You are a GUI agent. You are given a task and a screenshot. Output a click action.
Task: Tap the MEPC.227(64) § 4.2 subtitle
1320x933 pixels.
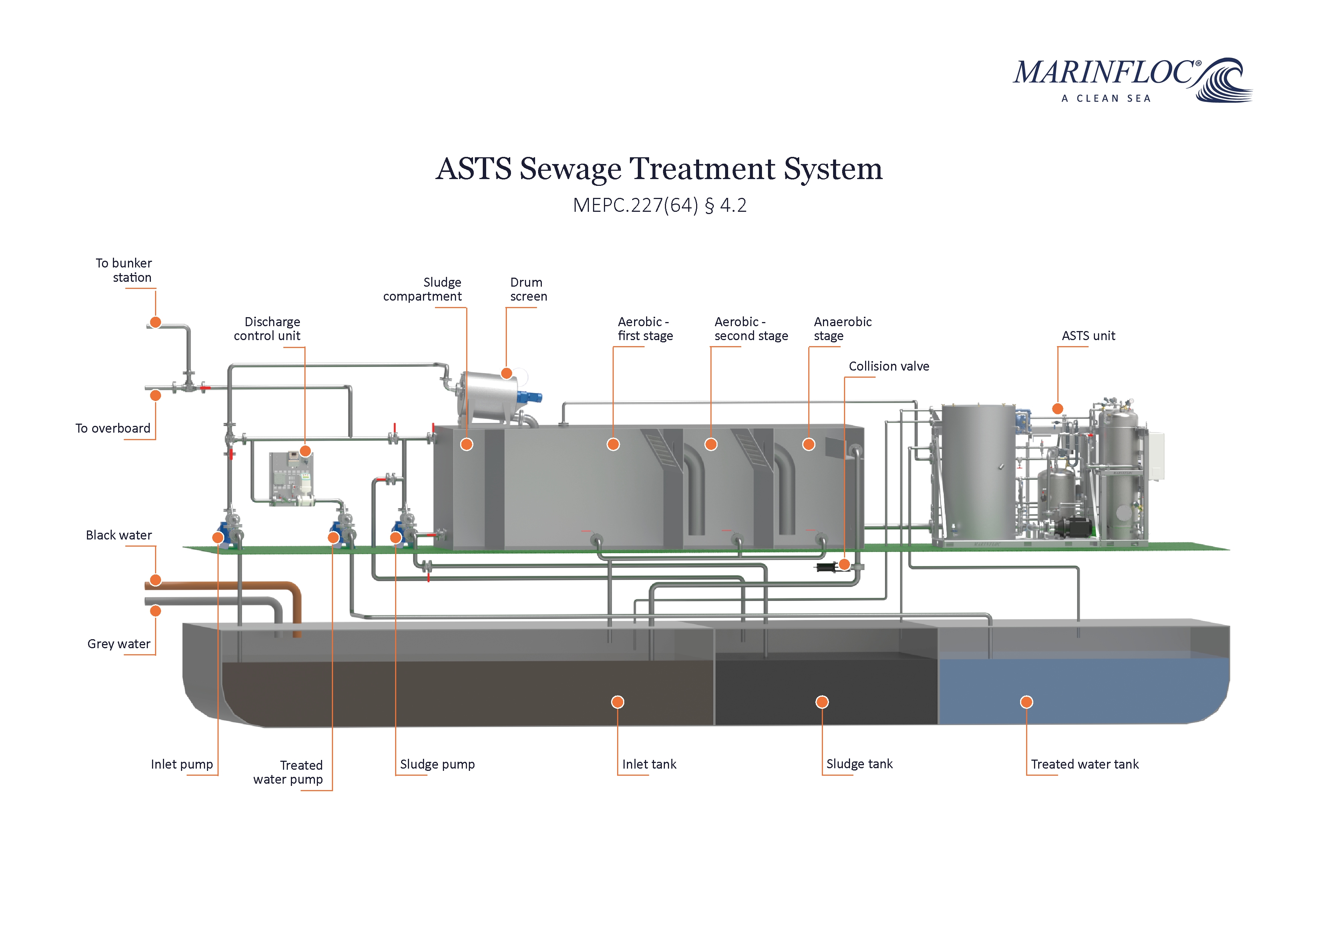pos(659,205)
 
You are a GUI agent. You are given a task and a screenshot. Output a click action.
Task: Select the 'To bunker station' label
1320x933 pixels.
pos(124,270)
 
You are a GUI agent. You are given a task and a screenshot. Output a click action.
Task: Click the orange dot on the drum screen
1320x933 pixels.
pos(506,374)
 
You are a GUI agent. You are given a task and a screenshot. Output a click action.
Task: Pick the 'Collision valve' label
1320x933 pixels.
pos(889,366)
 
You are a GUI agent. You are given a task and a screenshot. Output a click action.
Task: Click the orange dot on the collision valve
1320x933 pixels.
pos(844,565)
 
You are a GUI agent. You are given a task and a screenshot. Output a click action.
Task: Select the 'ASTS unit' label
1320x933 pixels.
pos(1088,336)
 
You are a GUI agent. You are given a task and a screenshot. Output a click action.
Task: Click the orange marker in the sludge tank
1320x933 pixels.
pos(822,702)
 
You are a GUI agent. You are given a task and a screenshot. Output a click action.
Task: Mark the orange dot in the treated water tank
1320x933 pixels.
pos(1026,702)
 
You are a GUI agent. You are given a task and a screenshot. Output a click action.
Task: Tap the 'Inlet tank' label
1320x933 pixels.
pos(649,764)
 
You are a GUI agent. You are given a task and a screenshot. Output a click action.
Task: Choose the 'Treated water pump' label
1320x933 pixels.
pos(289,772)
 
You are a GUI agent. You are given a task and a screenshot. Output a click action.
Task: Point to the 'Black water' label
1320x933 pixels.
pos(119,535)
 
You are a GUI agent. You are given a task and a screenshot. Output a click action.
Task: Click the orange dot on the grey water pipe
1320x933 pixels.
pos(155,611)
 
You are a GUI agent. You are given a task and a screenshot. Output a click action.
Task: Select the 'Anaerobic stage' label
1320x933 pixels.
pos(842,329)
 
